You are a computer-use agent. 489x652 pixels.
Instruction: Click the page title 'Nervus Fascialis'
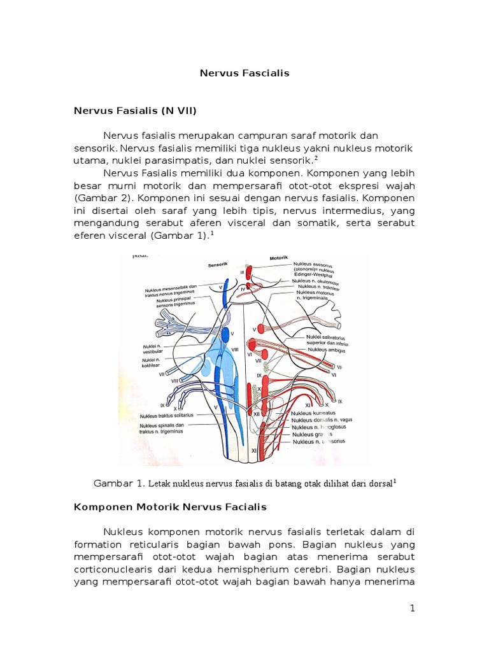click(x=244, y=73)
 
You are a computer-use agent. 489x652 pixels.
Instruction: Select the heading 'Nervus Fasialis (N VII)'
click(x=136, y=111)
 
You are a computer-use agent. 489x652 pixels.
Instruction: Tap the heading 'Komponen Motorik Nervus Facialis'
click(x=170, y=507)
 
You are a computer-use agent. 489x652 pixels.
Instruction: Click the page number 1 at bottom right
click(x=412, y=608)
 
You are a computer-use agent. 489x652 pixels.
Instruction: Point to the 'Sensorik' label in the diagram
click(x=218, y=263)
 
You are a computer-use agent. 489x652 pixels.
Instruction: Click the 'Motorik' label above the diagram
click(x=280, y=259)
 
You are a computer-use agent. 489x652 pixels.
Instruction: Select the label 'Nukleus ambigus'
click(x=327, y=350)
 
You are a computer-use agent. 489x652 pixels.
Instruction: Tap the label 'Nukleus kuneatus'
click(x=314, y=413)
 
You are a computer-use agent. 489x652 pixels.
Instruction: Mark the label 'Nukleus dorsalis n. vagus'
click(x=322, y=420)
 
